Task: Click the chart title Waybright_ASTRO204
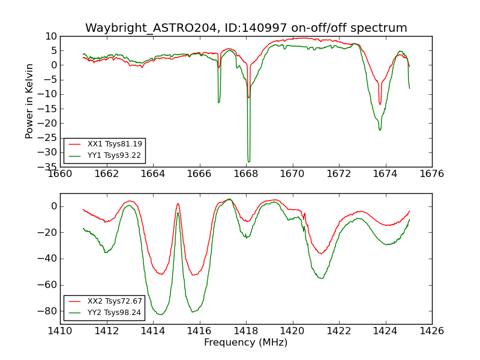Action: tap(246, 28)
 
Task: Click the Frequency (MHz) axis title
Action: tap(245, 343)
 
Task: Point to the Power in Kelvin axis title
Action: tap(29, 101)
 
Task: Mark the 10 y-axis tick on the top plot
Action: tap(50, 36)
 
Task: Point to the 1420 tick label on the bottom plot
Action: tap(292, 331)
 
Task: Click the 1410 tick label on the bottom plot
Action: tap(60, 331)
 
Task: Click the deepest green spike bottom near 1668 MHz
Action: tap(248, 161)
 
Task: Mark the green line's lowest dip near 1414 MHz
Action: tap(160, 314)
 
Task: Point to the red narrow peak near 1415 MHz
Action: tap(178, 203)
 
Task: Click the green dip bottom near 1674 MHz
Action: tap(380, 130)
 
